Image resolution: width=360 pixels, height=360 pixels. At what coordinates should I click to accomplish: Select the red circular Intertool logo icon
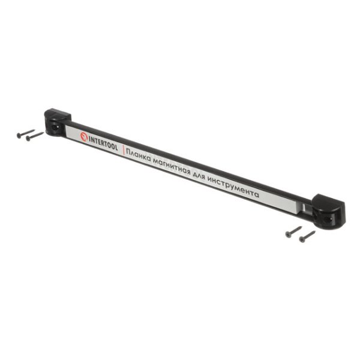[84, 136]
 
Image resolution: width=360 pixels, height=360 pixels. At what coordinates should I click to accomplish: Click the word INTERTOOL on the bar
[104, 143]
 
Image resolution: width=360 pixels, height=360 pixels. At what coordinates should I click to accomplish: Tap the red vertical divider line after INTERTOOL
[123, 150]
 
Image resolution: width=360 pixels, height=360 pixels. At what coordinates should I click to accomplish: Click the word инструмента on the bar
[236, 188]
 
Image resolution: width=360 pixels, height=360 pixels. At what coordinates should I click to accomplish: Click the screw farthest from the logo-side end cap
[307, 236]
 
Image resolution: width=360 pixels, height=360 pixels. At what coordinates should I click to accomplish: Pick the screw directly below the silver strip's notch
[293, 232]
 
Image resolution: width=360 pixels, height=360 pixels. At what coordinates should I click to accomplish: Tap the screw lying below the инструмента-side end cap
[307, 236]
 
